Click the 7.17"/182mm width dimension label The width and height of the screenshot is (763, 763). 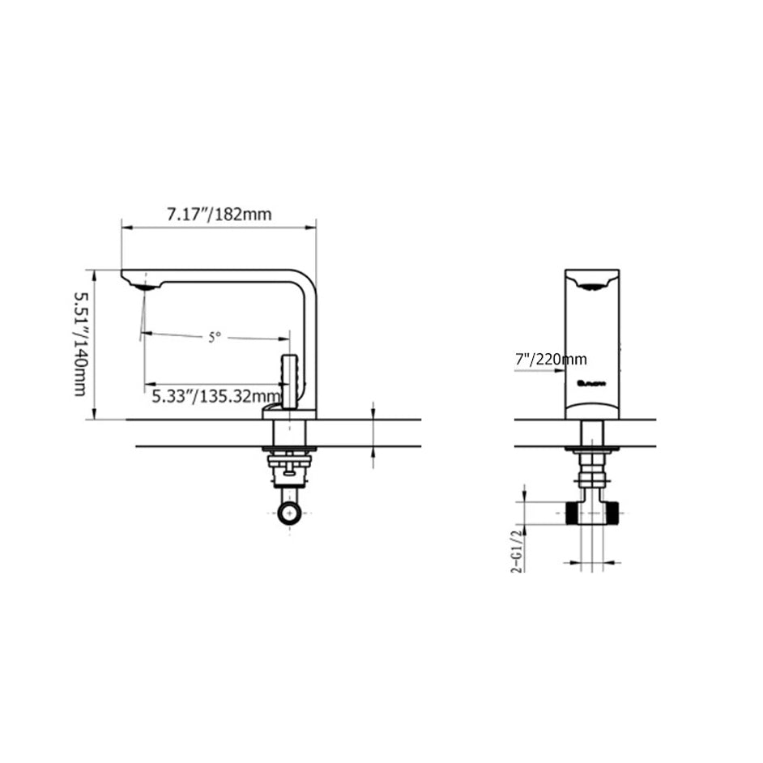219,215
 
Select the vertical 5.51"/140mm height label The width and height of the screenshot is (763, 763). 80,344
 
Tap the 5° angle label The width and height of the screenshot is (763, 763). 214,337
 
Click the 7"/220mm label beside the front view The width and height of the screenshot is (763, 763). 551,359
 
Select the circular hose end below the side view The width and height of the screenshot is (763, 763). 289,512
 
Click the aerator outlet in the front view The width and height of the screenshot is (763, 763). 592,284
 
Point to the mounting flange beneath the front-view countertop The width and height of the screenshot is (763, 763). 592,449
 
